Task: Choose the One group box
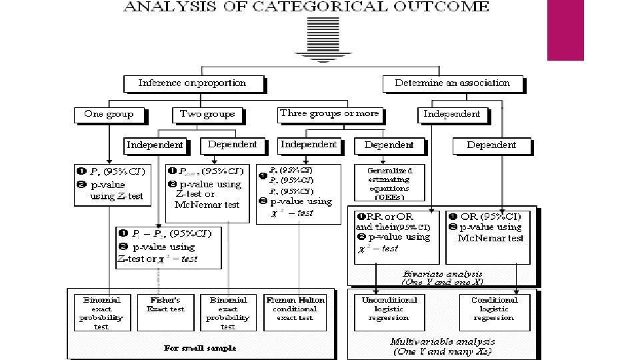(x=109, y=114)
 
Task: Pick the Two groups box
(x=207, y=114)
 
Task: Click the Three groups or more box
(x=329, y=113)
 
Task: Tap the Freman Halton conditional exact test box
(x=295, y=309)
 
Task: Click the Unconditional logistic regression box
(x=389, y=309)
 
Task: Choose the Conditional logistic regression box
(x=494, y=309)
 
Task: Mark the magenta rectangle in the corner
(x=565, y=30)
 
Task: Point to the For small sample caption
(x=200, y=348)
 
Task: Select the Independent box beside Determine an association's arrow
(x=452, y=114)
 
